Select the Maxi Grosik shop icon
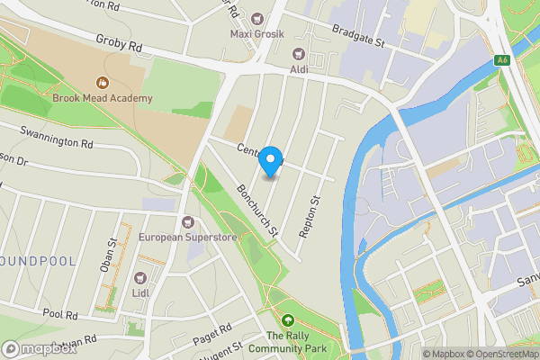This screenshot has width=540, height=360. [x=258, y=19]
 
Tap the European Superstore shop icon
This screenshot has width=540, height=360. [x=187, y=222]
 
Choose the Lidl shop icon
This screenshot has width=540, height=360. [x=139, y=279]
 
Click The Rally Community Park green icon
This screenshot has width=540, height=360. [x=288, y=320]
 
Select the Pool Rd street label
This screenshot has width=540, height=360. [x=60, y=314]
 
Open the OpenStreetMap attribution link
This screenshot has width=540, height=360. [x=500, y=354]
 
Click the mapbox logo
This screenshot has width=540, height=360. [x=40, y=348]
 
